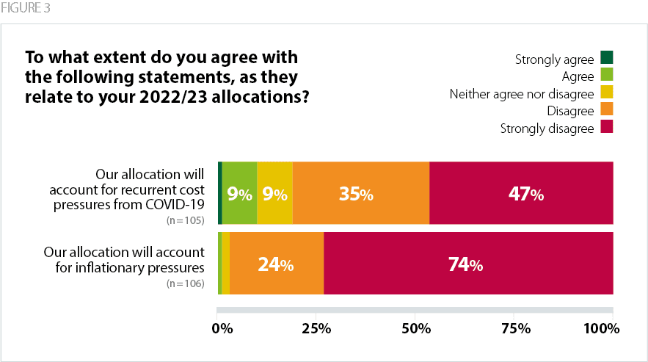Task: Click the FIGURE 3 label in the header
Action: click(26, 8)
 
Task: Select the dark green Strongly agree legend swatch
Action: click(606, 57)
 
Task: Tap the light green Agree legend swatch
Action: click(606, 74)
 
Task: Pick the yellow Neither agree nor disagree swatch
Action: click(606, 92)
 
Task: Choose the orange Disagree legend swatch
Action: click(606, 109)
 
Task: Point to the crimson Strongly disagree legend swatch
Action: click(606, 127)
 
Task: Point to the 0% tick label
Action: click(222, 328)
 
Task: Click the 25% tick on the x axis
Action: click(316, 328)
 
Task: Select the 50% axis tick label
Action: click(415, 328)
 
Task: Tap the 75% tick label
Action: click(514, 328)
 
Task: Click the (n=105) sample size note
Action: click(185, 220)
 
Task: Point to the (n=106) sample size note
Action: click(185, 283)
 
